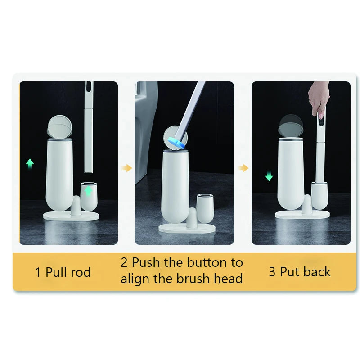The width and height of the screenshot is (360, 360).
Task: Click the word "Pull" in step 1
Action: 55,272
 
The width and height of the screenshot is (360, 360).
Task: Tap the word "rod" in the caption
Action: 81,272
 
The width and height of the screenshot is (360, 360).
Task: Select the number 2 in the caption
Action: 124,262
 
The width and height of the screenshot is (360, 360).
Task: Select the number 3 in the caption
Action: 272,272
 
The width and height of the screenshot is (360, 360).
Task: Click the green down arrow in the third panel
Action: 269,176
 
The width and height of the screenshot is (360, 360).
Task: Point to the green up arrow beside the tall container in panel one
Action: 30,164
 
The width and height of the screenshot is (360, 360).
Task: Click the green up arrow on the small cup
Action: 88,191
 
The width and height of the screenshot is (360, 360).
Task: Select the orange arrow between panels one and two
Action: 127,168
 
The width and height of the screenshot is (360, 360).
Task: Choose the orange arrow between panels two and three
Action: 243,168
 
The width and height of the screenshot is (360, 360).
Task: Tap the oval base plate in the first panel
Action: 71,216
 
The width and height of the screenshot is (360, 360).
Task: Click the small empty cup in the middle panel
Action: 205,208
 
